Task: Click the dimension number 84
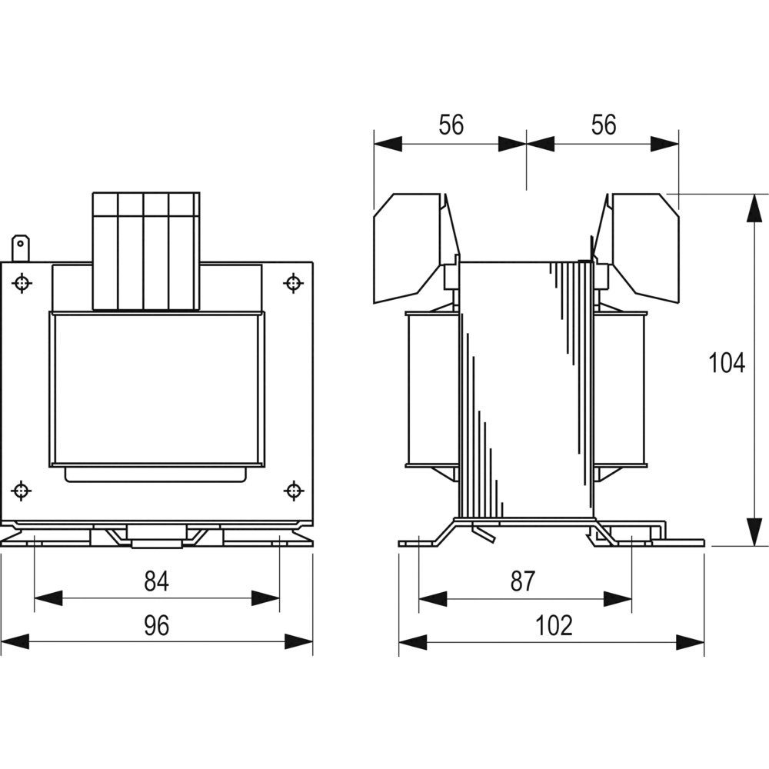pyautogui.click(x=156, y=581)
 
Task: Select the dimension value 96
pyautogui.click(x=156, y=625)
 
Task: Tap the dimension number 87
pyautogui.click(x=522, y=581)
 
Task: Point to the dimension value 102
pyautogui.click(x=554, y=625)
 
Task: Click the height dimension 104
pyautogui.click(x=727, y=363)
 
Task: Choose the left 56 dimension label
pyautogui.click(x=451, y=125)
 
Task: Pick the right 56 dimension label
pyautogui.click(x=603, y=125)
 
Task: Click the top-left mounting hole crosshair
pyautogui.click(x=22, y=283)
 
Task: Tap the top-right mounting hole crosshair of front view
pyautogui.click(x=293, y=283)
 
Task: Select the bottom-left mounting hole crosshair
pyautogui.click(x=21, y=491)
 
